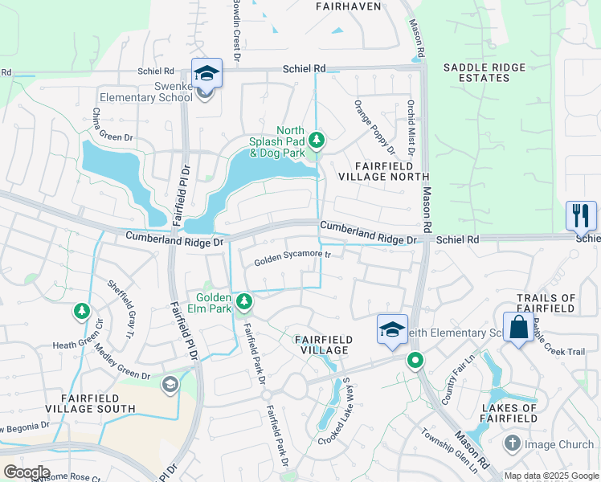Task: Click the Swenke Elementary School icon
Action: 206,74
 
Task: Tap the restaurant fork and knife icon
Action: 579,215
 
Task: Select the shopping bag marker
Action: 518,328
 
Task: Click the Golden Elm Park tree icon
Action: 244,302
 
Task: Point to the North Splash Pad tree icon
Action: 317,141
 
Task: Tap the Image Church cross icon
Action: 513,443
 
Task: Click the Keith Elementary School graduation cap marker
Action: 391,330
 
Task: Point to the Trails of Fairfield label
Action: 546,304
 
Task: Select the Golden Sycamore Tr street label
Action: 293,258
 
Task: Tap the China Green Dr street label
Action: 112,126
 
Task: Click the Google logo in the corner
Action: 27,472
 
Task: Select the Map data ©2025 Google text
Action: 551,476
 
